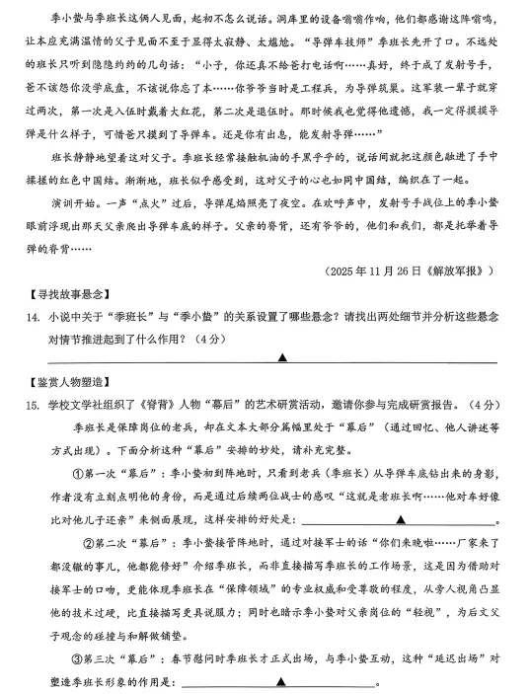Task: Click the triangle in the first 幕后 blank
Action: pyautogui.click(x=400, y=517)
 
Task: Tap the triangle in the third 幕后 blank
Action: pyautogui.click(x=280, y=681)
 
